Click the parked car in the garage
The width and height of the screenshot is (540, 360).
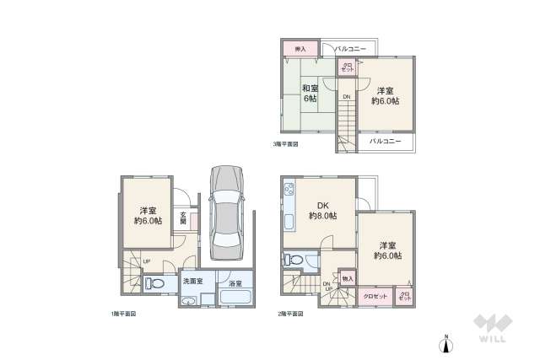pos(225,211)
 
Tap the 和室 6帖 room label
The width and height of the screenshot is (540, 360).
pos(310,92)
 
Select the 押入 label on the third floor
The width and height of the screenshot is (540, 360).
pos(300,49)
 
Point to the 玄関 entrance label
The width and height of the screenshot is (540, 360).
pos(183,219)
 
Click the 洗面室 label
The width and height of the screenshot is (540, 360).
pos(192,282)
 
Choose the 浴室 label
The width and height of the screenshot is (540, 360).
pos(235,284)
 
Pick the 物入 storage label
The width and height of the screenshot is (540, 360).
pos(348,278)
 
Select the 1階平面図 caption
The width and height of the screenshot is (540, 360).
pos(122,314)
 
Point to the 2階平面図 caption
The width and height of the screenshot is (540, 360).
pos(289,314)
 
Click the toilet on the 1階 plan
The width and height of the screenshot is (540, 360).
pos(154,283)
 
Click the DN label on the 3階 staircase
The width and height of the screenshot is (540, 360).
pos(346,96)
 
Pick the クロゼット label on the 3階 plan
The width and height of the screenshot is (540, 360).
pos(346,67)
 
